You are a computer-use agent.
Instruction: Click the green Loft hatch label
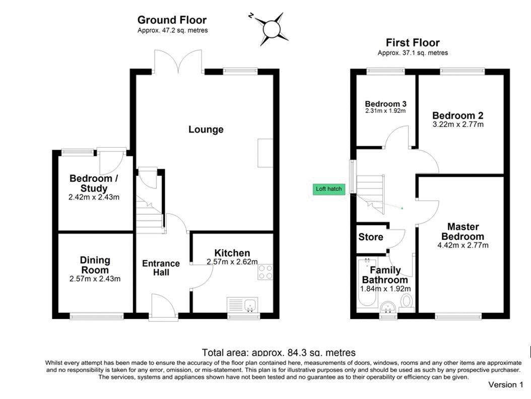(329, 189)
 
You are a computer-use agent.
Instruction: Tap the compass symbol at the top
(271, 29)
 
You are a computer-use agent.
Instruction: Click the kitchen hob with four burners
(265, 272)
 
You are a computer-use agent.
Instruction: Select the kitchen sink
(242, 304)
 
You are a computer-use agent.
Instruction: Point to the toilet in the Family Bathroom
(407, 302)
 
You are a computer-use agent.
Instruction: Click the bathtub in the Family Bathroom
(367, 283)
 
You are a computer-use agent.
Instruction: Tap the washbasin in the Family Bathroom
(388, 307)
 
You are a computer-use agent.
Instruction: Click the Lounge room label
(206, 129)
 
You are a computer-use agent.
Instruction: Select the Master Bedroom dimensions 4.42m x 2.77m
(463, 245)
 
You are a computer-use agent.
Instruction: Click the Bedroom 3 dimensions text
(385, 111)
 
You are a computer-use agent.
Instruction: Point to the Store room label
(370, 237)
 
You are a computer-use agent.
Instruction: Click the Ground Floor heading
(172, 20)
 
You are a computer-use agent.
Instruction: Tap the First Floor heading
(413, 43)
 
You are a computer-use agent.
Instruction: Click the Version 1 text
(506, 384)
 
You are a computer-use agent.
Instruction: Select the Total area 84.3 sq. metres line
(279, 353)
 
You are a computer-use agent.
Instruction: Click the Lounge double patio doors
(178, 61)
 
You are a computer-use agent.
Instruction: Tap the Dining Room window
(97, 316)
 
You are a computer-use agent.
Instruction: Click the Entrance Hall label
(161, 268)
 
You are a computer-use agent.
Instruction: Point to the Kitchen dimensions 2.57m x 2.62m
(232, 262)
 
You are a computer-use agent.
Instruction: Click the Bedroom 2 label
(458, 115)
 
